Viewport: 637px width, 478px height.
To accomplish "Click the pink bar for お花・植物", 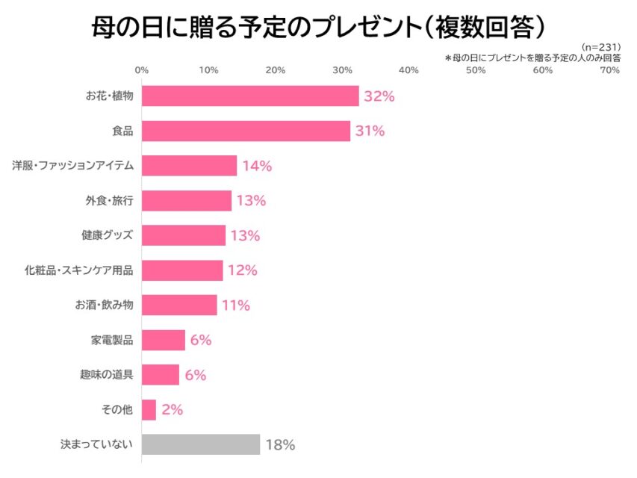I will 249,96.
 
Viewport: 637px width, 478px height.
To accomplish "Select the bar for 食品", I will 246,131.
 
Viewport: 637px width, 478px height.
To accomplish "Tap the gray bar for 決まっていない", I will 200,444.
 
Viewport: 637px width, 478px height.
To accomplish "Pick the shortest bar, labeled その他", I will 149,410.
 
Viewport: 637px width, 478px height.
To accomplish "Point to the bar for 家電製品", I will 163,340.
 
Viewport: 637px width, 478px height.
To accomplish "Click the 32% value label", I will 379,96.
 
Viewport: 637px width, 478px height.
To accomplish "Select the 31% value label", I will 370,131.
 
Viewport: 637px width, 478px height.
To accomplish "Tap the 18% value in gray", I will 280,445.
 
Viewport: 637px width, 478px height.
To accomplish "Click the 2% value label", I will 172,410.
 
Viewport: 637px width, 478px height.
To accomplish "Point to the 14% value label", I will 257,166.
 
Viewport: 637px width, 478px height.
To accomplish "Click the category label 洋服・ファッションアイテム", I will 72,166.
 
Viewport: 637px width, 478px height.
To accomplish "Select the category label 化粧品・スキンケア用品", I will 78,270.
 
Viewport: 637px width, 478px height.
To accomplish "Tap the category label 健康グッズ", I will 107,235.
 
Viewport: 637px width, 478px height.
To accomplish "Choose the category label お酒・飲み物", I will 104,305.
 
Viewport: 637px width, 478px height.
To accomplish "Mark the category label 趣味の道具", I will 107,375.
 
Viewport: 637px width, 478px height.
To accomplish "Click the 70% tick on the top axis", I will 609,70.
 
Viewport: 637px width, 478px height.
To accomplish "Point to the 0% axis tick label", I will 141,70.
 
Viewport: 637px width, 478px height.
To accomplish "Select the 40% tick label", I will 408,70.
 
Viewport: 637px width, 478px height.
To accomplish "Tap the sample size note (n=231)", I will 600,47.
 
